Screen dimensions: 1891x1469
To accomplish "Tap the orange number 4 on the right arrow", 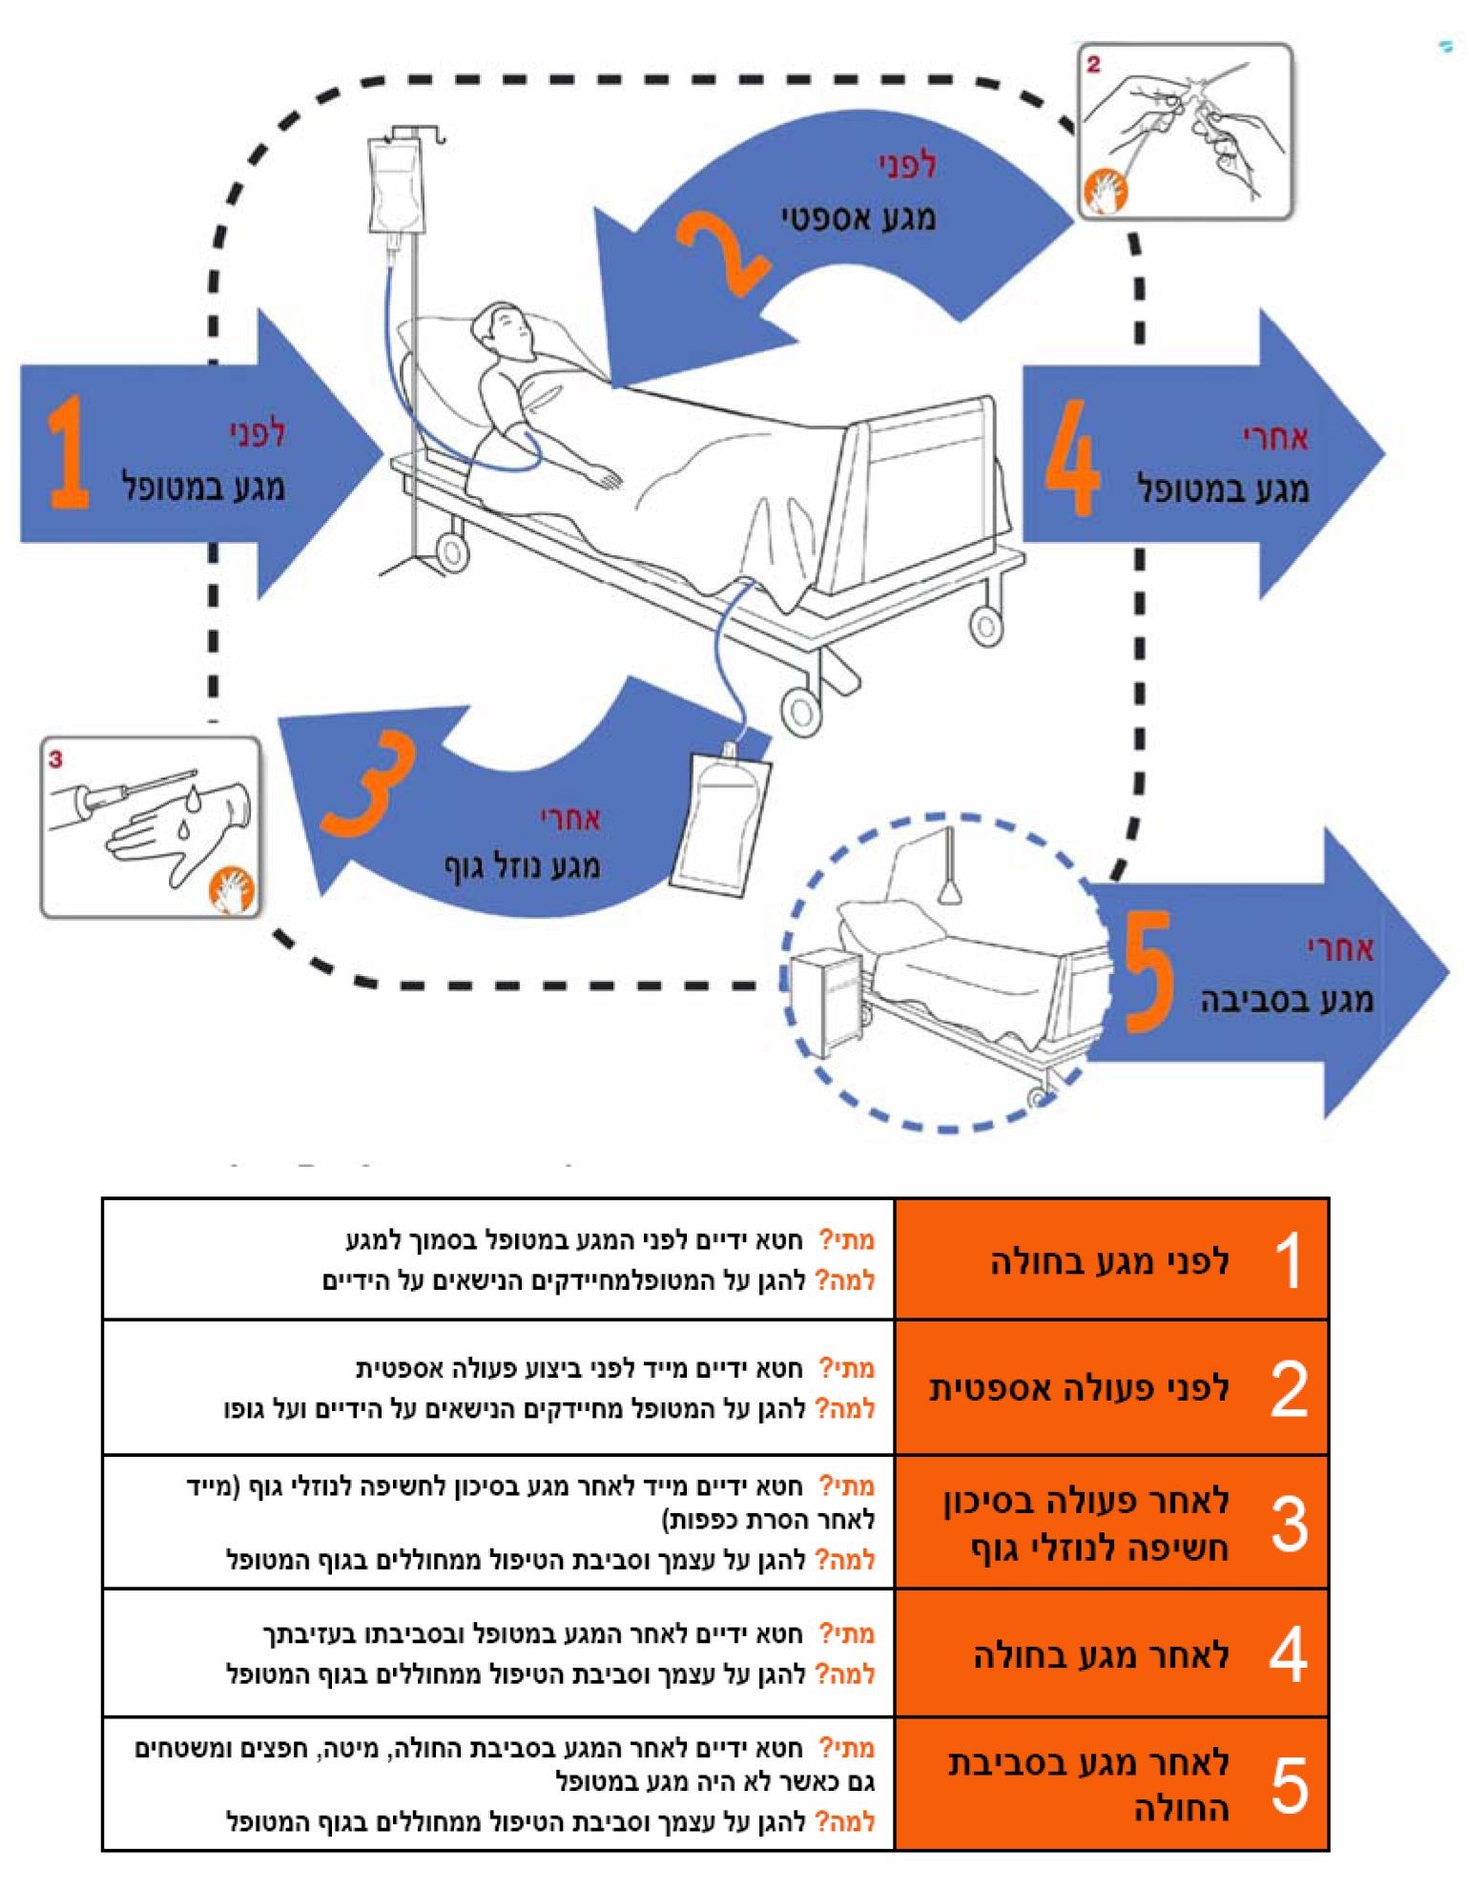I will tap(1072, 457).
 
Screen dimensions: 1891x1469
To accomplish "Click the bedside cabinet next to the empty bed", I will tap(828, 999).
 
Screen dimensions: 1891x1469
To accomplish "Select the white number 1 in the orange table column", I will tap(1288, 1259).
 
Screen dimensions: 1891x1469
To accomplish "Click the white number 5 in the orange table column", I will tap(1289, 1784).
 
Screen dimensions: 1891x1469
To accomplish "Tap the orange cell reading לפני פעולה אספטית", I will tap(1079, 1387).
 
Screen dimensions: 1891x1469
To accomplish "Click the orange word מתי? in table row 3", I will tap(847, 1486).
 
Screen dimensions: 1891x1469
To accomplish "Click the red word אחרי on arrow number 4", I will tap(1275, 438).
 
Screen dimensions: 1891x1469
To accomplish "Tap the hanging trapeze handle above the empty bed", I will tap(950, 889).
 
